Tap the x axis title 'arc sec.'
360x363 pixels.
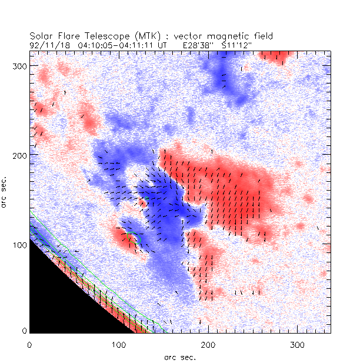point(180,357)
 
